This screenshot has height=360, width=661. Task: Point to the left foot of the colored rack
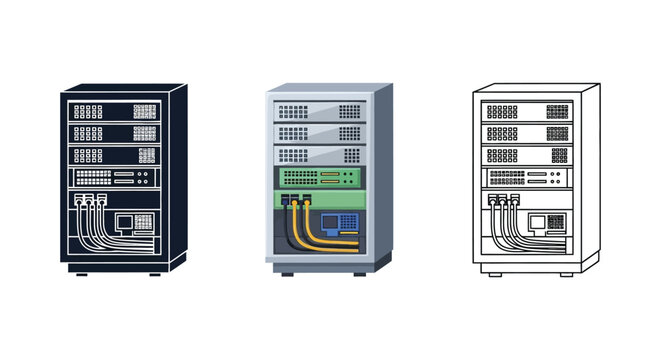pyautogui.click(x=288, y=273)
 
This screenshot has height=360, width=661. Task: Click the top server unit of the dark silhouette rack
pyautogui.click(x=111, y=111)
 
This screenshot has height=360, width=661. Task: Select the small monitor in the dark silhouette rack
pyautogui.click(x=127, y=221)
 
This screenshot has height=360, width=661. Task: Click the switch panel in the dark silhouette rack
pyautogui.click(x=111, y=178)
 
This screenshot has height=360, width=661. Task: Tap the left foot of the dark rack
pyautogui.click(x=79, y=273)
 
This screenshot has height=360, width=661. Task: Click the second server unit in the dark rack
pyautogui.click(x=111, y=133)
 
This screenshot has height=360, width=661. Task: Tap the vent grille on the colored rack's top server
pyautogui.click(x=348, y=111)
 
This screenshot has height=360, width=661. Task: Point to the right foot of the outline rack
pyautogui.click(x=565, y=273)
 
